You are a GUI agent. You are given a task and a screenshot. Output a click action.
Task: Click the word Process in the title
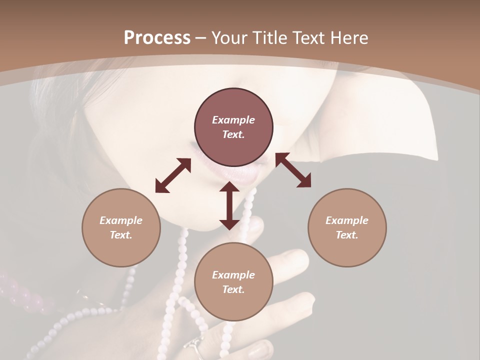pyautogui.click(x=157, y=38)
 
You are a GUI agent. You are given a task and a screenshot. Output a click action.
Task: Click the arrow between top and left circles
pyautogui.click(x=173, y=175)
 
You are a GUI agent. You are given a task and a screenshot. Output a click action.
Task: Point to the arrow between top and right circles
pyautogui.click(x=293, y=170)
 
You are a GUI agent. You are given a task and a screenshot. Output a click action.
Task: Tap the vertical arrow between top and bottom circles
pyautogui.click(x=229, y=205)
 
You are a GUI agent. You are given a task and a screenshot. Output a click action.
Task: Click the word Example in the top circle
pyautogui.click(x=233, y=120)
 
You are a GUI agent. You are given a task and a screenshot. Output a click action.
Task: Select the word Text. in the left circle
pyautogui.click(x=121, y=235)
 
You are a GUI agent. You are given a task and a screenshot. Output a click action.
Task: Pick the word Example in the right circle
pyautogui.click(x=347, y=220)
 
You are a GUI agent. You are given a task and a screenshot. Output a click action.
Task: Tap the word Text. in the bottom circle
pyautogui.click(x=233, y=289)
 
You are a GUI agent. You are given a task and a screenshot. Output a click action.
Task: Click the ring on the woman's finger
pyautogui.click(x=194, y=346)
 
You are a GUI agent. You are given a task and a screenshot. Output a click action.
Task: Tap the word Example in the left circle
pyautogui.click(x=121, y=220)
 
